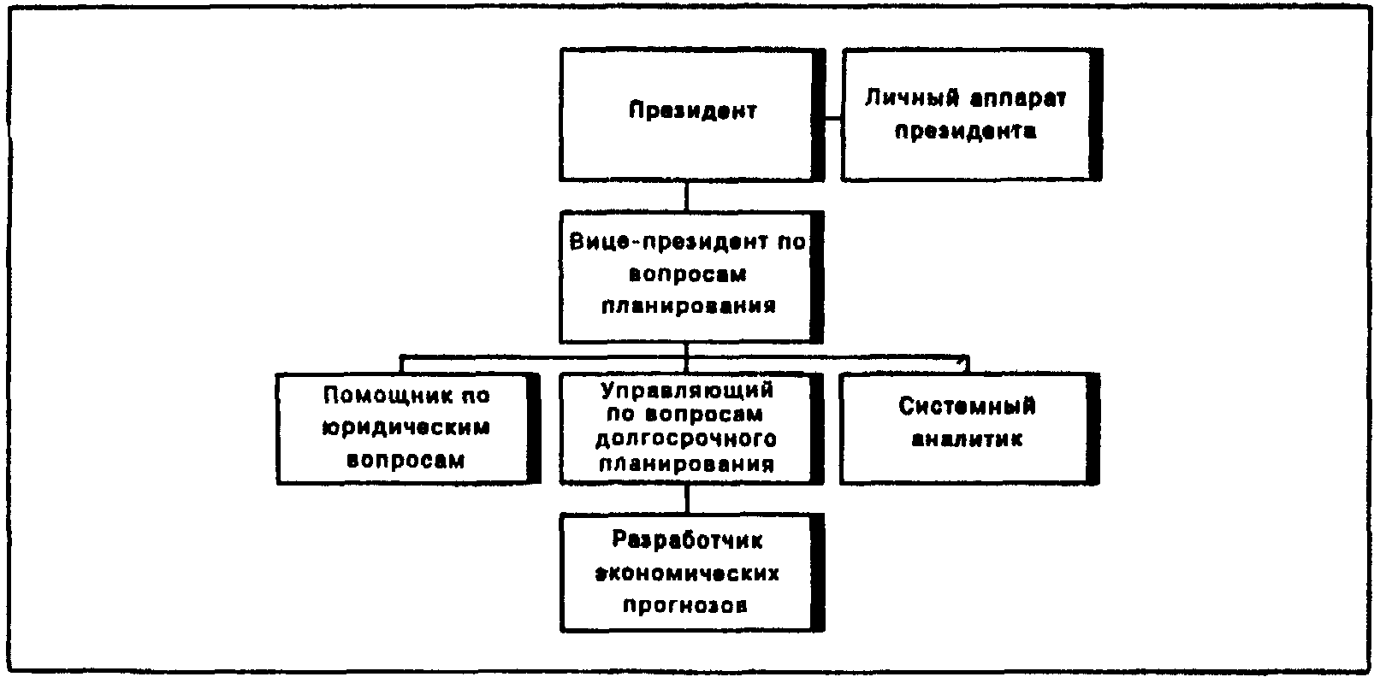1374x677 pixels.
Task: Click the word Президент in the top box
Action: (x=692, y=110)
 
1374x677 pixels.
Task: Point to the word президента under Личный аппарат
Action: (x=966, y=131)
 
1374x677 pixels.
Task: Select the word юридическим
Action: (x=406, y=427)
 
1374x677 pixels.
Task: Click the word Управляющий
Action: (x=687, y=391)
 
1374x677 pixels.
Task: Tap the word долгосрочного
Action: (x=686, y=439)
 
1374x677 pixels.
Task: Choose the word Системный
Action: (x=968, y=405)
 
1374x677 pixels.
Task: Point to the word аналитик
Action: (x=968, y=439)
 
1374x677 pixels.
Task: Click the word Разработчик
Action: (x=687, y=539)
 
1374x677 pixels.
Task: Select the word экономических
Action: (x=687, y=573)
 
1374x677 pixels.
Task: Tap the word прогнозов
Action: (x=685, y=605)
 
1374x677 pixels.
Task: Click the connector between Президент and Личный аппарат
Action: (x=832, y=118)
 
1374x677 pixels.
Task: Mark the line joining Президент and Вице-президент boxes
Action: (x=686, y=196)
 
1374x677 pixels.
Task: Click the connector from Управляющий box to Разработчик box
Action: (x=687, y=498)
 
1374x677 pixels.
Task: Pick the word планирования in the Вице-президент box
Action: (x=689, y=306)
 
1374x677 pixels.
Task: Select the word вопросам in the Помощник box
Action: (x=406, y=460)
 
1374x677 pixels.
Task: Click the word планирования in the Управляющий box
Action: (x=686, y=464)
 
